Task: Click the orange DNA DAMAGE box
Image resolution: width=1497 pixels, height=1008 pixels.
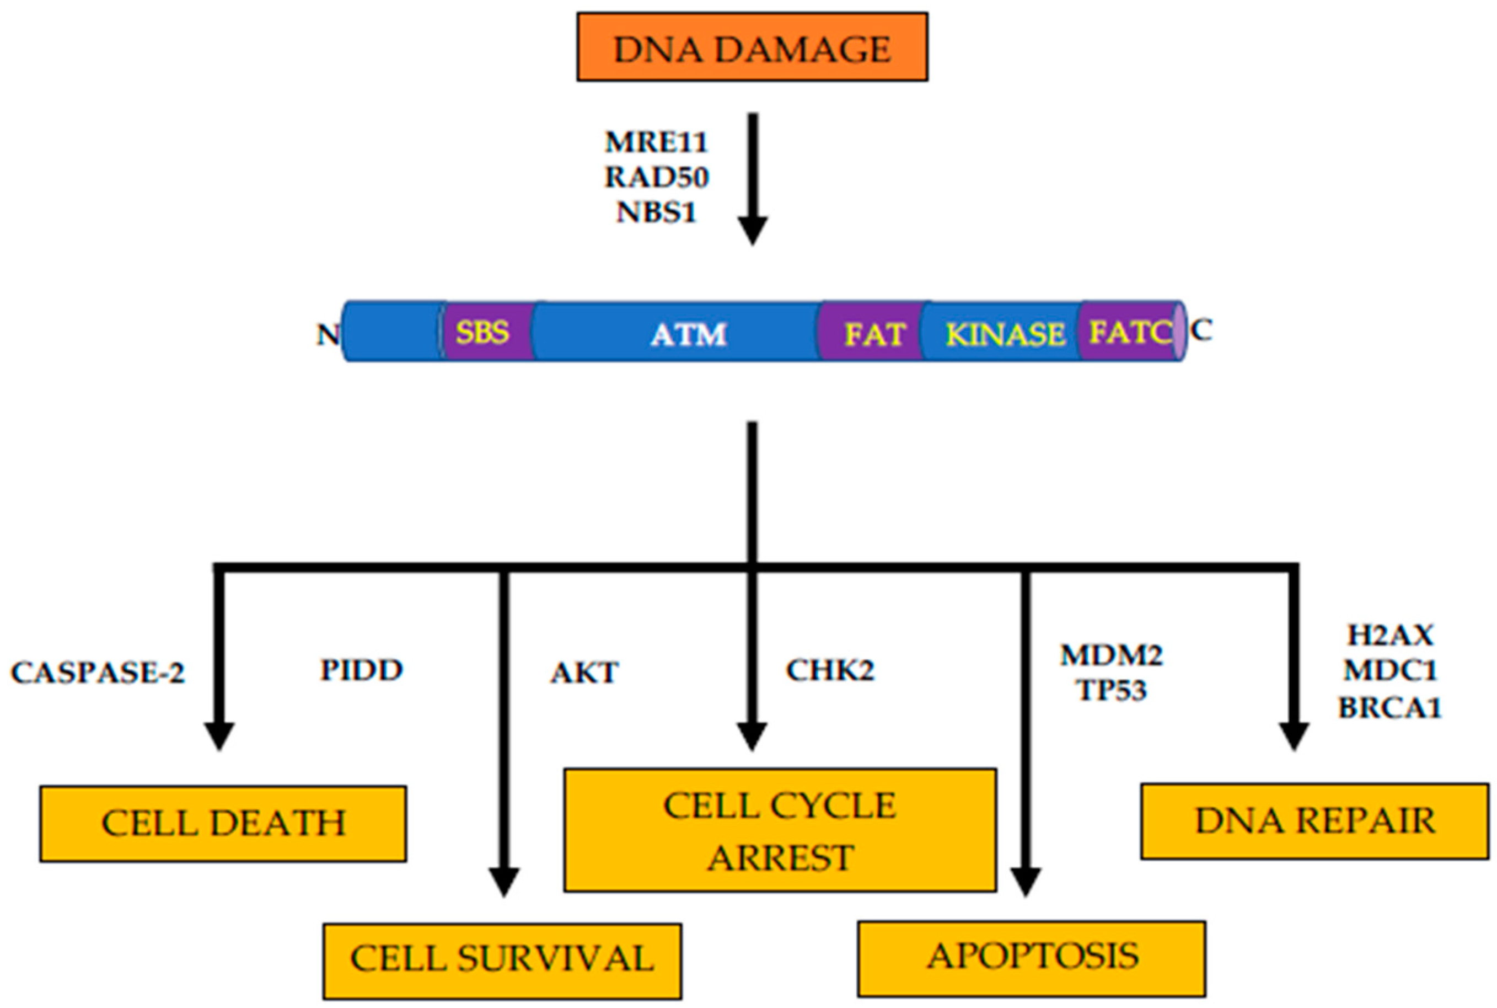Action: click(752, 47)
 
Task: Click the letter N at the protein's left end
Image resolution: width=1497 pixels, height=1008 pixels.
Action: click(328, 334)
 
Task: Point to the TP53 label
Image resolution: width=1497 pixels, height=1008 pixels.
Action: click(1112, 690)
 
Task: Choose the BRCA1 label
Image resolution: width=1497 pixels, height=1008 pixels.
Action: click(1389, 708)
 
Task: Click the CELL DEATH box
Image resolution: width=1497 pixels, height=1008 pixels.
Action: click(223, 824)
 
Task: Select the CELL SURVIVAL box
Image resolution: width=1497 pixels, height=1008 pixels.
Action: click(502, 960)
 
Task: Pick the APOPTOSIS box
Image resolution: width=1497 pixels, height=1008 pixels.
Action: click(1031, 957)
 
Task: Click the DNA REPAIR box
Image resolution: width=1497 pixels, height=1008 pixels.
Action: click(1314, 821)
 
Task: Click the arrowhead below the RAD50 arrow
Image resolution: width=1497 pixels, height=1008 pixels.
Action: click(752, 230)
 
